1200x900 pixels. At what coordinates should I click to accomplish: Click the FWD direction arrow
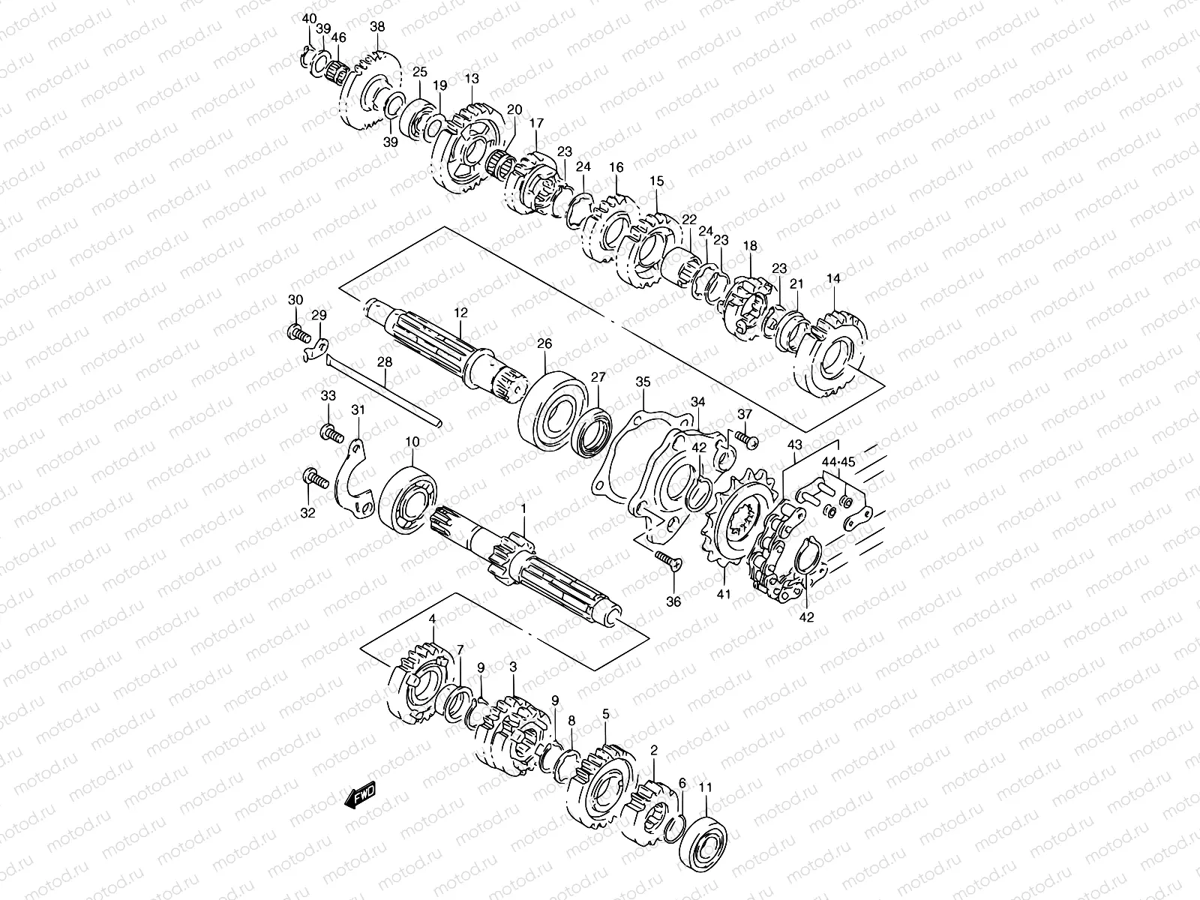[x=361, y=795]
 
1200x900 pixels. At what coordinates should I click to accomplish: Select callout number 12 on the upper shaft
[x=460, y=312]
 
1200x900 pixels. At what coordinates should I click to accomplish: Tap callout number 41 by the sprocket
[x=723, y=594]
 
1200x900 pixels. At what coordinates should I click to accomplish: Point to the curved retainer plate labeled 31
[x=352, y=480]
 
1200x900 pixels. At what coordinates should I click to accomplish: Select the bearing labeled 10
[x=409, y=499]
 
